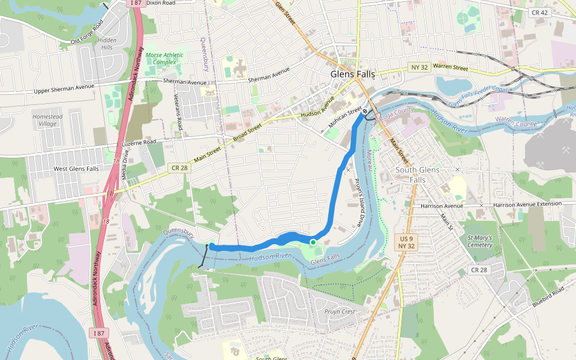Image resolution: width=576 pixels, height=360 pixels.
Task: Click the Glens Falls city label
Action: (x=352, y=74)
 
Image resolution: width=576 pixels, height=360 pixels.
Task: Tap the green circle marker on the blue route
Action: (x=313, y=242)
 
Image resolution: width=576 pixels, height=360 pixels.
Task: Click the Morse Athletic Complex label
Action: (x=164, y=58)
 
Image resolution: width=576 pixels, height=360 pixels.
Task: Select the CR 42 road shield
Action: (x=539, y=12)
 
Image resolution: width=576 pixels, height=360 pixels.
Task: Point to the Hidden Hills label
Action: (x=107, y=44)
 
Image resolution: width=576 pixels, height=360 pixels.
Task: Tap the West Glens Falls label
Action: (x=76, y=169)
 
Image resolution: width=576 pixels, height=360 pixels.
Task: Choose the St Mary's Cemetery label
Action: (x=479, y=241)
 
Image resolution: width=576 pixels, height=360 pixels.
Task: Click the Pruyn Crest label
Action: (x=340, y=311)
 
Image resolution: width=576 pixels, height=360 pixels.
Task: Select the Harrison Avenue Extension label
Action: (x=527, y=205)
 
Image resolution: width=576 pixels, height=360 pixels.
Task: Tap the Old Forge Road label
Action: (x=88, y=32)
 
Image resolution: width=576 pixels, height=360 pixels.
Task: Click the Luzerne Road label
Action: (x=139, y=142)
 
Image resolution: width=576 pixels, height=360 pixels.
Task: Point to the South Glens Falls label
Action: (x=417, y=175)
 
